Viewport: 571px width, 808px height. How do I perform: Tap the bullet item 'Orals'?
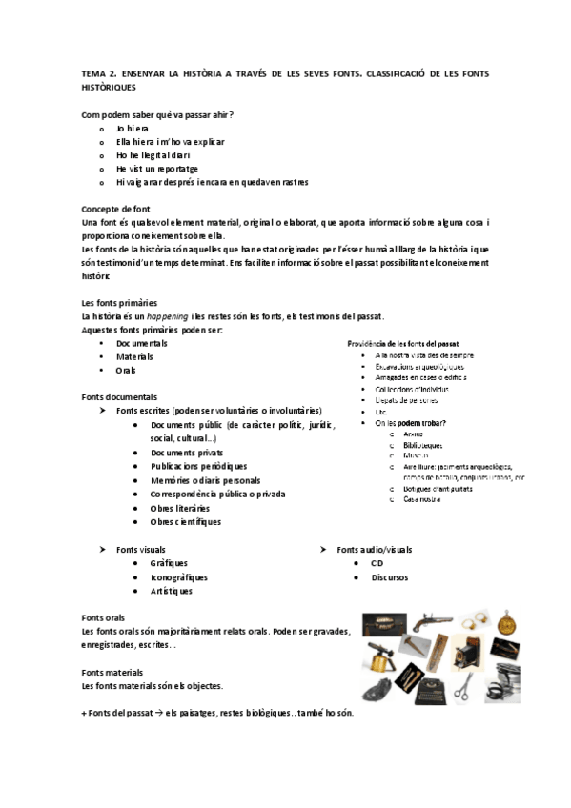(x=126, y=370)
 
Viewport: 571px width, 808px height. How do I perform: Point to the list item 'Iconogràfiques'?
(x=178, y=576)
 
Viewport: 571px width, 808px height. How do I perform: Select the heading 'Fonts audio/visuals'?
(x=375, y=550)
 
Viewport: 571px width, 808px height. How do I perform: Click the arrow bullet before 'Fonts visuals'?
(x=102, y=550)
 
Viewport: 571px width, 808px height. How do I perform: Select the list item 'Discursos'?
(x=390, y=576)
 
